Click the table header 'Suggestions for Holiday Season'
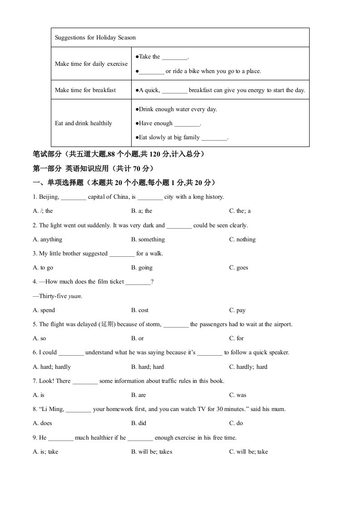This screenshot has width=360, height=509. pos(95,38)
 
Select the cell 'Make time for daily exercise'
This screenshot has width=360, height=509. pos(91,64)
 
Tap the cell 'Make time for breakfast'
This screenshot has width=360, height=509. pos(85,90)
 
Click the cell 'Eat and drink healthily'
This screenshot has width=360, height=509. pos(83,123)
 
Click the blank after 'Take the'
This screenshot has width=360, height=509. pos(174,57)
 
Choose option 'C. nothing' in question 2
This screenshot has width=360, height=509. pos(242,240)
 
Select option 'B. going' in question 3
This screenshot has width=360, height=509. pos(142,268)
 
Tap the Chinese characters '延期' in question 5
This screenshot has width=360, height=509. pos(107,324)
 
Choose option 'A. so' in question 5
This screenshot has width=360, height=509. pos(39,338)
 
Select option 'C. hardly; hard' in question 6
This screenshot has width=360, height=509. pos(248,367)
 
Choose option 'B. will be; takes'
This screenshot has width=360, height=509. pos(152,452)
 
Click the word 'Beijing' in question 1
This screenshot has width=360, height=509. pos(49,197)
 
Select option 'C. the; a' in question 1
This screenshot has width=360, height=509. pos(240,211)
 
